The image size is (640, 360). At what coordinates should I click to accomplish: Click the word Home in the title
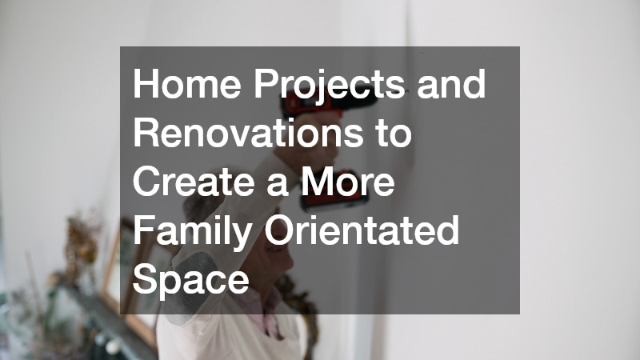(x=187, y=84)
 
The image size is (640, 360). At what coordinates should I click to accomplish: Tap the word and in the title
(x=451, y=84)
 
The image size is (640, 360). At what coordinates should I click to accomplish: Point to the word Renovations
(x=248, y=132)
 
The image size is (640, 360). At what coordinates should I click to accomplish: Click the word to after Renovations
(x=394, y=134)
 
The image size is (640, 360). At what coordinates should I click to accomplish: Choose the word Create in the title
(x=194, y=182)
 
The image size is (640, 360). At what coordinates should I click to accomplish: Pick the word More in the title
(x=348, y=182)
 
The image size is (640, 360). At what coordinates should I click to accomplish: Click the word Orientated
(x=362, y=230)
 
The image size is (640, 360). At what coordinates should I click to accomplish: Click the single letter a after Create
(x=277, y=186)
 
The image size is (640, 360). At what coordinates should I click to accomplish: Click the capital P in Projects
(x=266, y=84)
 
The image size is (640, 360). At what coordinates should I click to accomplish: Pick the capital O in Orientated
(x=281, y=230)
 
